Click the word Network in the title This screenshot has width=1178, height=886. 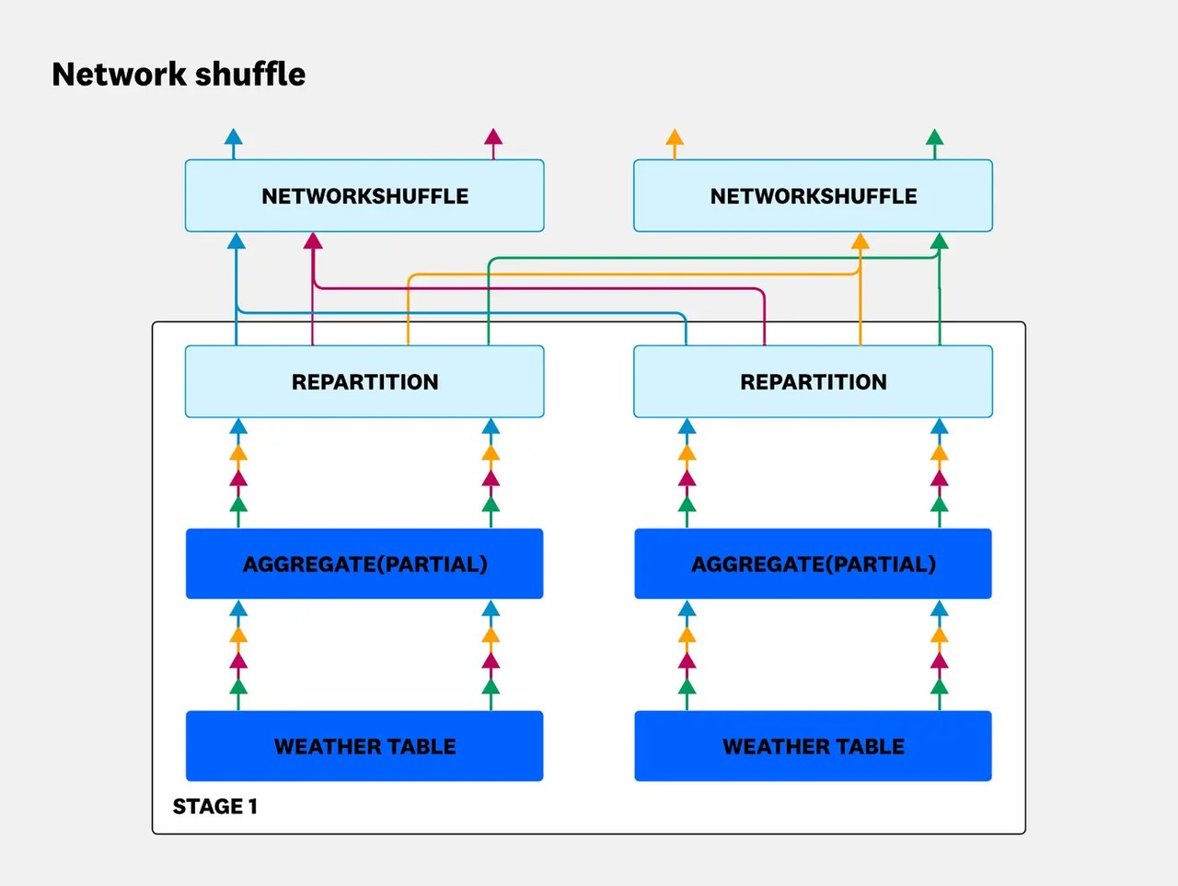[x=119, y=74]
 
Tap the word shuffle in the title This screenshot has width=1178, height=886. [x=250, y=74]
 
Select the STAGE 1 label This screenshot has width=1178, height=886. [x=214, y=806]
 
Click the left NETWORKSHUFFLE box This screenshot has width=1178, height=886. [x=364, y=195]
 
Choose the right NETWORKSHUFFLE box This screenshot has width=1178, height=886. [x=813, y=195]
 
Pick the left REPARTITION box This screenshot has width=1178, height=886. [x=364, y=381]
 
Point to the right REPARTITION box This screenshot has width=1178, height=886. [x=813, y=381]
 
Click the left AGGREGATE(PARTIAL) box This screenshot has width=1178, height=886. [x=364, y=564]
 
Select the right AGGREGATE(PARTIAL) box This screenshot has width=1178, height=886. [x=813, y=564]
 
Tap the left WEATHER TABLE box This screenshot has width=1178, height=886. [x=364, y=746]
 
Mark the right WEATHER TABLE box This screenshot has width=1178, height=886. [x=813, y=746]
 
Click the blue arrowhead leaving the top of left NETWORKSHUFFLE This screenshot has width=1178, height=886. [x=234, y=136]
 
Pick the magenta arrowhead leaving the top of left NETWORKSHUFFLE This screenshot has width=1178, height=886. [x=493, y=136]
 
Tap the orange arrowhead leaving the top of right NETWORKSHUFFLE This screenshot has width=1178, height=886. [x=675, y=137]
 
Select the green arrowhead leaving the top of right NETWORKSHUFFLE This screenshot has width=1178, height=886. [x=935, y=137]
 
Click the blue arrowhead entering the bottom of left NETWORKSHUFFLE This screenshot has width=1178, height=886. [x=237, y=241]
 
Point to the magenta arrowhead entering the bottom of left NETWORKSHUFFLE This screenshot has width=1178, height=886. [x=313, y=241]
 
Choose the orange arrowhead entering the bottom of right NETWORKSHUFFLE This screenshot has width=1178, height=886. [x=860, y=241]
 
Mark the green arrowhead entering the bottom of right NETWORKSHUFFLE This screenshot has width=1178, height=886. [x=940, y=241]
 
